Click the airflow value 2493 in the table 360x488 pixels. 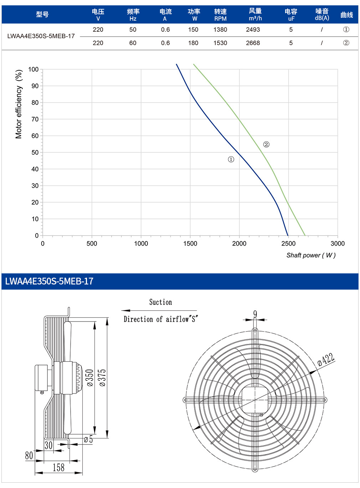[253, 30]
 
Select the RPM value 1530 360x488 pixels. [220, 43]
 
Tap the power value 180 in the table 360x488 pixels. [193, 43]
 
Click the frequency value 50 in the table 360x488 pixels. [133, 30]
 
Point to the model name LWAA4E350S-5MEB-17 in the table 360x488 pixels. [41, 36]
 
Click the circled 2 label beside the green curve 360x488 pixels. [266, 145]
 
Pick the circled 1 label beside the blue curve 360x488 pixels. [231, 159]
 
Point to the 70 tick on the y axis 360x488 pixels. [35, 119]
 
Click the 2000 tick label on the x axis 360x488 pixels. [239, 243]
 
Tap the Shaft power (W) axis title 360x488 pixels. [311, 255]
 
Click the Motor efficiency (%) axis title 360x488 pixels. [19, 104]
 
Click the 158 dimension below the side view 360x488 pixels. [58, 468]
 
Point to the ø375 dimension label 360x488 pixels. [103, 378]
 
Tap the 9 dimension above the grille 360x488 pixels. [255, 314]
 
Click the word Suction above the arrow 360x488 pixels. [161, 302]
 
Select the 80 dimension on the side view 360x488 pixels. [29, 455]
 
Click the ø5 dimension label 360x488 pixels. [88, 440]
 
